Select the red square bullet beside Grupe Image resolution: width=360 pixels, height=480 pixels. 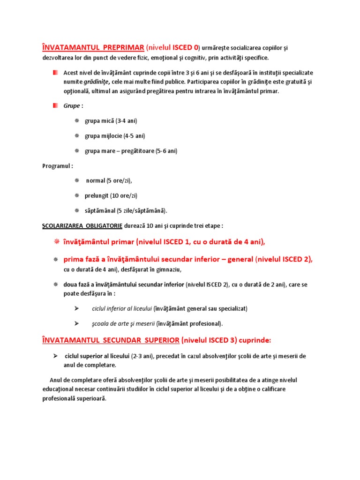pyautogui.click(x=55, y=105)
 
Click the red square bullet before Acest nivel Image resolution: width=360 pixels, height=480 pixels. pyautogui.click(x=55, y=73)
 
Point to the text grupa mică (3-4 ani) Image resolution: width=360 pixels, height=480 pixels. pyautogui.click(x=111, y=121)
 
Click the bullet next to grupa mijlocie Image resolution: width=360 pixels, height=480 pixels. pyautogui.click(x=77, y=136)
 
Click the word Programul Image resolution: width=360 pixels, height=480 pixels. pyautogui.click(x=57, y=166)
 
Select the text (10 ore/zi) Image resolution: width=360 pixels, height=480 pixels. pyautogui.click(x=123, y=195)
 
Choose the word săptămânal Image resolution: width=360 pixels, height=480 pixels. pyautogui.click(x=100, y=210)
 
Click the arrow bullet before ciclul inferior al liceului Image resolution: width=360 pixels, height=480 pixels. pyautogui.click(x=76, y=308)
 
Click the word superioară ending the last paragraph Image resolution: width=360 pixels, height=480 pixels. pyautogui.click(x=91, y=398)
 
